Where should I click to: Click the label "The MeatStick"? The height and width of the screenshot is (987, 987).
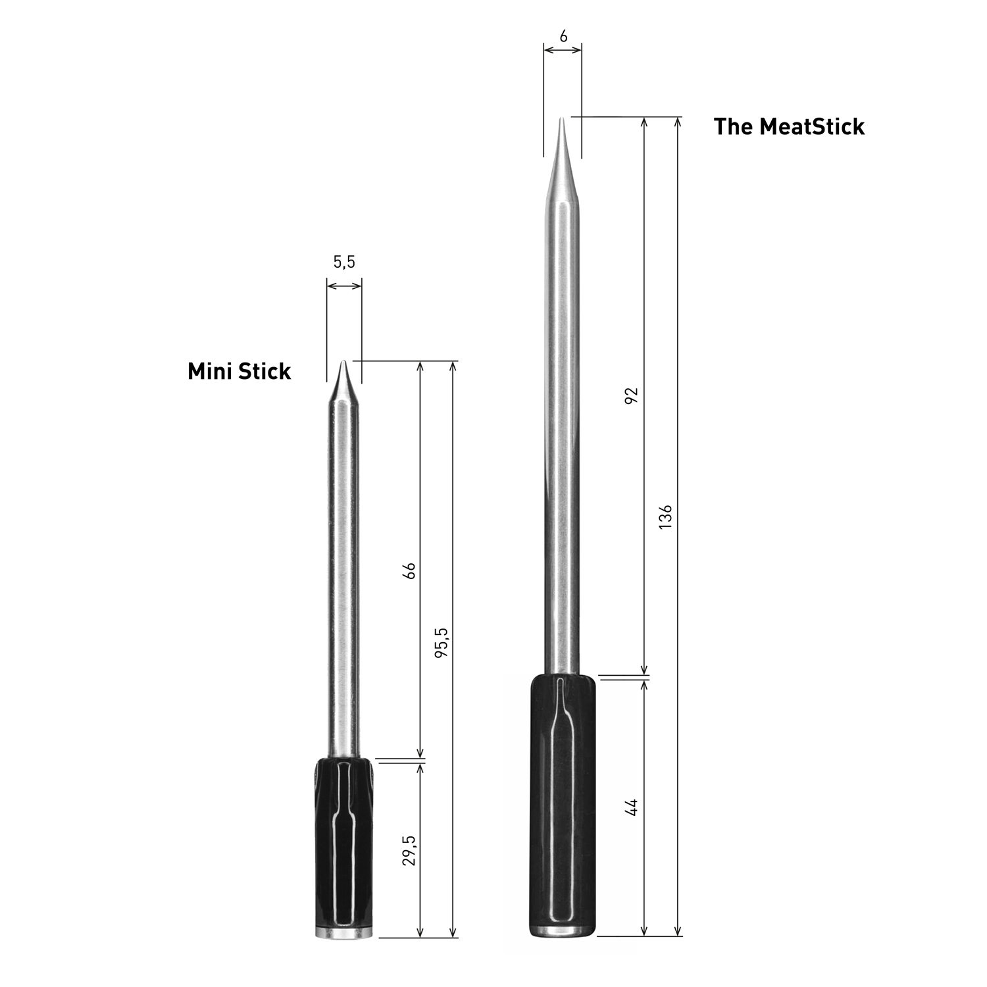(788, 126)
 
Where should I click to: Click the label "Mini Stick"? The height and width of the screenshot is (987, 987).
(239, 371)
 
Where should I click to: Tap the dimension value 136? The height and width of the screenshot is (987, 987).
(665, 517)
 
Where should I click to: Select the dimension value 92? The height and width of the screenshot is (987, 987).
(631, 395)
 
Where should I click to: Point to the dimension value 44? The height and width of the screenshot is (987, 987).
(631, 807)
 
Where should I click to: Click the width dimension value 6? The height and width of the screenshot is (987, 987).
(563, 37)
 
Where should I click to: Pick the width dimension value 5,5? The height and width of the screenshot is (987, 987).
(343, 262)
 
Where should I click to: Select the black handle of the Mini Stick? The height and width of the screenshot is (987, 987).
(343, 842)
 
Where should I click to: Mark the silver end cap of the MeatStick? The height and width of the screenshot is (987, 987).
(563, 931)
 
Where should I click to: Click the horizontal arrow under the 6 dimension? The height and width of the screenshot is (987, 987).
(563, 49)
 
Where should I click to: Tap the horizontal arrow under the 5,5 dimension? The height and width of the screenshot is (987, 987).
(344, 286)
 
